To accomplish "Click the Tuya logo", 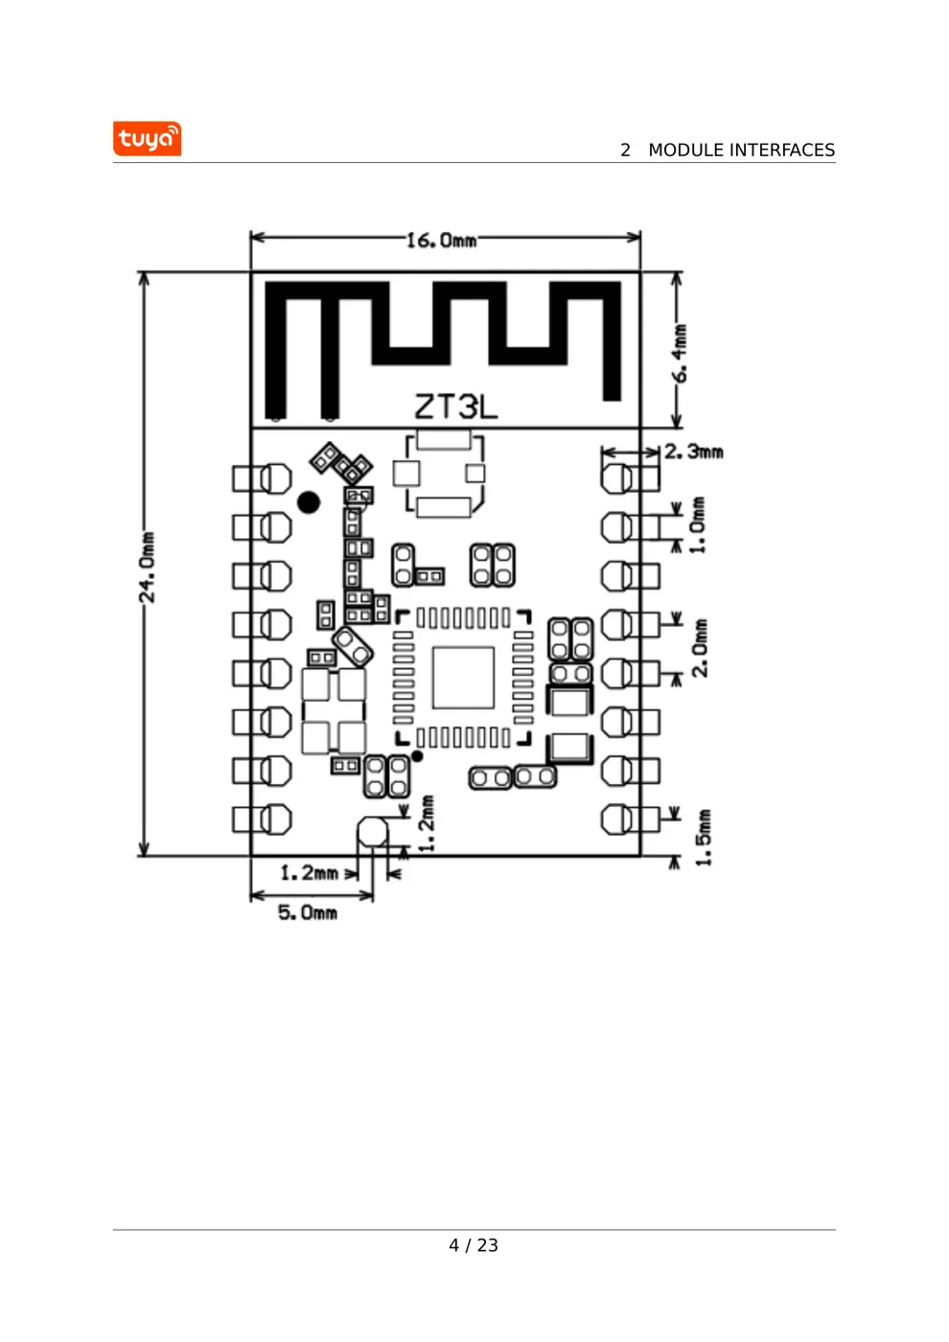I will tap(147, 139).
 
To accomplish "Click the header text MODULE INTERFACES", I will tap(740, 150).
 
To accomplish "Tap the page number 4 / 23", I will tap(474, 1245).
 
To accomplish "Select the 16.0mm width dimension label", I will tap(441, 240).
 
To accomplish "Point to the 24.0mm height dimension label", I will tap(147, 567).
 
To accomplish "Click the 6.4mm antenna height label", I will tap(679, 353).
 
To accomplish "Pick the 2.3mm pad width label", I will tap(694, 451).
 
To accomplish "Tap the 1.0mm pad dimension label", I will tap(698, 524).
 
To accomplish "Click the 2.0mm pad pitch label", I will tap(700, 648).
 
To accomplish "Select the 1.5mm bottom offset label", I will tap(704, 837).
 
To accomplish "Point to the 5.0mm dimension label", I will tap(308, 913).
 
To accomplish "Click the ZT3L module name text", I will tap(456, 406).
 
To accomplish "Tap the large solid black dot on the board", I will tap(309, 502).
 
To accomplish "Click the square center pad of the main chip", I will tap(463, 677).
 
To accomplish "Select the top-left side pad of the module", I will tap(263, 477).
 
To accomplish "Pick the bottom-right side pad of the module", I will tap(630, 820).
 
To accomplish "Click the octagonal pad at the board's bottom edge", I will tap(373, 832).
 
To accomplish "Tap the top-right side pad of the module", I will tap(630, 477).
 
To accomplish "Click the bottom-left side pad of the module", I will tap(263, 820).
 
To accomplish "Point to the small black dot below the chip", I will tap(417, 756).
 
